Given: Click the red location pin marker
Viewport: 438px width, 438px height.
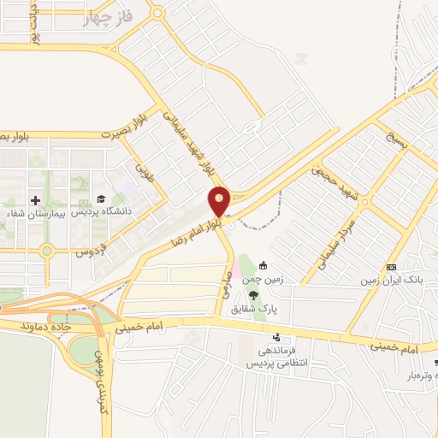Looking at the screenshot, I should [x=220, y=201].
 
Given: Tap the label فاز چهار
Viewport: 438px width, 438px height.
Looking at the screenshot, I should [x=108, y=19].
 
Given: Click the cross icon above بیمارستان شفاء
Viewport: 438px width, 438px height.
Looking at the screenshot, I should [x=35, y=200].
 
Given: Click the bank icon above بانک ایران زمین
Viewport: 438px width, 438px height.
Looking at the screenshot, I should [x=391, y=266].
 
